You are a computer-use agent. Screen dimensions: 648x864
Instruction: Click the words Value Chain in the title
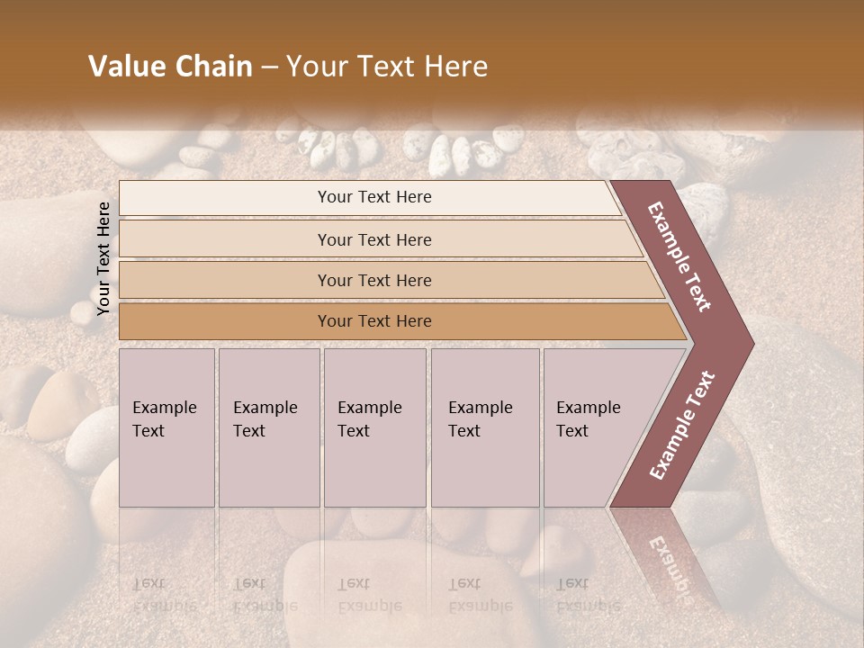coord(170,67)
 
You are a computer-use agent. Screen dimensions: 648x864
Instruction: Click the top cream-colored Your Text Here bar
coord(373,197)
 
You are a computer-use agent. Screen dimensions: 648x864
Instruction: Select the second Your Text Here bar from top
coord(373,239)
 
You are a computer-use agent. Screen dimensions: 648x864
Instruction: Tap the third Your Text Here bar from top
coord(373,280)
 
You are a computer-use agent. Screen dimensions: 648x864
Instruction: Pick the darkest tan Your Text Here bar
coord(373,321)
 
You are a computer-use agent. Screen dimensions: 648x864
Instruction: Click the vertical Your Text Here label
coord(104,259)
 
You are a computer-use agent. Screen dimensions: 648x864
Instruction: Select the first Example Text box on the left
coord(166,427)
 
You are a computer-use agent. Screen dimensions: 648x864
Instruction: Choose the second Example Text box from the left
coord(268,427)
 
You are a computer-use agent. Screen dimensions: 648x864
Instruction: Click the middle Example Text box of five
coord(374,427)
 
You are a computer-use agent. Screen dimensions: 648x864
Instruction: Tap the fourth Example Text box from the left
coord(484,427)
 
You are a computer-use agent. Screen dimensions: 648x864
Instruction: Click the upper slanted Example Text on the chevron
coord(679,256)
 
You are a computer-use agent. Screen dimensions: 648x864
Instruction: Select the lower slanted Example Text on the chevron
coord(682,426)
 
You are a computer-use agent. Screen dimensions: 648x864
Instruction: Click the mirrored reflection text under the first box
coord(164,594)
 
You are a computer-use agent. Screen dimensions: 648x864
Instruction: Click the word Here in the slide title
coord(458,67)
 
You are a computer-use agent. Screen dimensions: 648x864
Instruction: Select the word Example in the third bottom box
coord(369,408)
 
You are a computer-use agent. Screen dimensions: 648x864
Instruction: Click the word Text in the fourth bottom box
coord(464,431)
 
